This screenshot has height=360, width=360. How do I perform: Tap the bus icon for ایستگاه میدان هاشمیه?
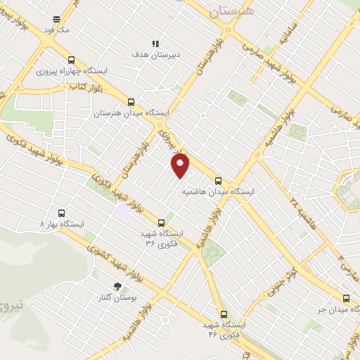[x=218, y=180]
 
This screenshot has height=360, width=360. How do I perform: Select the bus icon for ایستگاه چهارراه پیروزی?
[x=70, y=60]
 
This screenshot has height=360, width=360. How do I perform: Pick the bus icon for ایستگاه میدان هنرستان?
[x=131, y=101]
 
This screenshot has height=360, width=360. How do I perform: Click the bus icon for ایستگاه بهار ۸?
[x=61, y=212]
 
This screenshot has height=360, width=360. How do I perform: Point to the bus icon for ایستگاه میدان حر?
[x=345, y=298]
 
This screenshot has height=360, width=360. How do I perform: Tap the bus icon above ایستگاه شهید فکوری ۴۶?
[x=224, y=314]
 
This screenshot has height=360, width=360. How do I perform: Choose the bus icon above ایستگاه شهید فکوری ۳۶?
[x=162, y=222]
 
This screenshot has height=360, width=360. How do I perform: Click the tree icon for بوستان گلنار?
[x=117, y=286]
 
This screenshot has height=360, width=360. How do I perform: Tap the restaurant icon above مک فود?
[x=57, y=19]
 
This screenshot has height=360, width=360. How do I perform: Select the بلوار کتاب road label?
[x=82, y=86]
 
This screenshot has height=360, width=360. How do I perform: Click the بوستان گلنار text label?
[x=116, y=298]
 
